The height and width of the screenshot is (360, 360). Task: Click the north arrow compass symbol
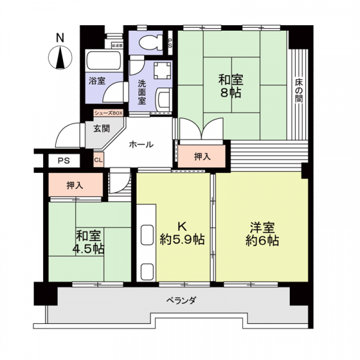click(60, 59)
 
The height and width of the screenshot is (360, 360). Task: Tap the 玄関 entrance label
click(101, 128)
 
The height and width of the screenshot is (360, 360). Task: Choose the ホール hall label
click(142, 145)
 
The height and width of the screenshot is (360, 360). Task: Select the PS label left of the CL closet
click(62, 160)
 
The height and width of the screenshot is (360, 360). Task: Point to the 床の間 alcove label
click(298, 90)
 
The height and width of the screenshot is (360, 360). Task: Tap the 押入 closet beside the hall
click(202, 157)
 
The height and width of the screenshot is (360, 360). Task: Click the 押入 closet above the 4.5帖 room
click(75, 185)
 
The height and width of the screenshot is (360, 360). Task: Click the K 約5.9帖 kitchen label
click(182, 233)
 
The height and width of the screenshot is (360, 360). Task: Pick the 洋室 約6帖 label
click(262, 233)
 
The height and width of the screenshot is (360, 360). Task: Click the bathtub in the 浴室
click(104, 62)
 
